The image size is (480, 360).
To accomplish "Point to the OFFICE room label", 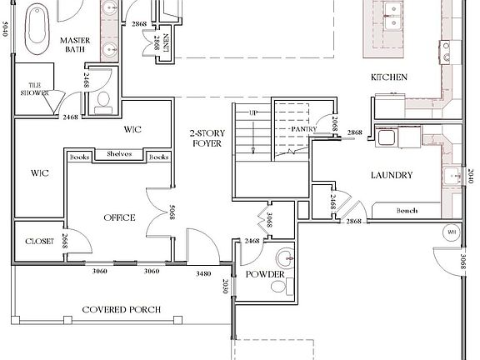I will (119, 217).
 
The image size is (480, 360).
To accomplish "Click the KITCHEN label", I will (389, 77).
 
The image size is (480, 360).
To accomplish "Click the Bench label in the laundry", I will (407, 211).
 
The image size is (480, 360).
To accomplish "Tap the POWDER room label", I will (266, 275).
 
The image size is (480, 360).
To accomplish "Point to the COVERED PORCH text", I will (121, 310).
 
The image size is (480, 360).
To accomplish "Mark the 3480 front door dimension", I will (202, 272).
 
